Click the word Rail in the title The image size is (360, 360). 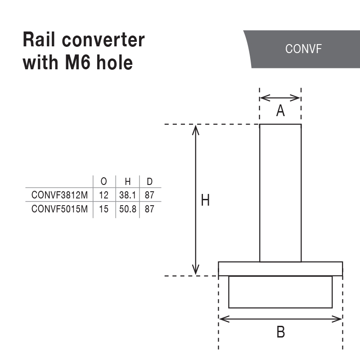point(41,40)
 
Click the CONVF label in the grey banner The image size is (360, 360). point(304,49)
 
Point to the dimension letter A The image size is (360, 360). point(280,111)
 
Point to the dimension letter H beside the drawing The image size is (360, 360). point(205,200)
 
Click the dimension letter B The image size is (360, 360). point(280,333)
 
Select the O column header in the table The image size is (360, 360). point(104,182)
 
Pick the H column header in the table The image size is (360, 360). point(128,182)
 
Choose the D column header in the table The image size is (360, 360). point(150,182)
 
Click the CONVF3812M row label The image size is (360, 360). point(59,195)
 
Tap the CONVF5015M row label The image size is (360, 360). point(59,209)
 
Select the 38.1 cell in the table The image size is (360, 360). point(128,195)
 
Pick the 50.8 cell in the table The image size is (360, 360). point(128,209)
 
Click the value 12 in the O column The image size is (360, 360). point(104,195)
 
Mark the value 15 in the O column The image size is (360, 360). point(104,209)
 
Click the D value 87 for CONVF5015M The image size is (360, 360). point(150,209)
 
